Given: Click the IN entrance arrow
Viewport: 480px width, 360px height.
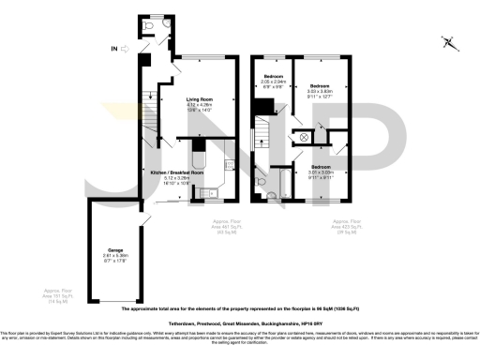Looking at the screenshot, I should click(116, 47).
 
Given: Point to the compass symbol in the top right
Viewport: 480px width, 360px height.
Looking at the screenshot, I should click(448, 42).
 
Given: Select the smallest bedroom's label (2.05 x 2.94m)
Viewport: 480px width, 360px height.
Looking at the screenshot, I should click(273, 79).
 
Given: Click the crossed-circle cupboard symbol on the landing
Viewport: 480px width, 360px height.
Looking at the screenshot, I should click(305, 136).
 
